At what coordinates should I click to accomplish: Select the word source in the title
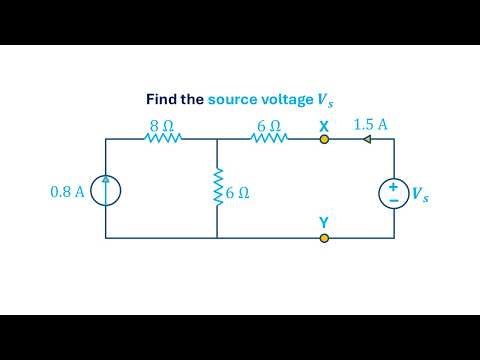tap(232, 99)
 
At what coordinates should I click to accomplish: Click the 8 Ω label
tap(162, 126)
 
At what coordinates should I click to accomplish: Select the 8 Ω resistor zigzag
tap(162, 140)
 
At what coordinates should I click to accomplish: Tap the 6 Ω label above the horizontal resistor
tap(268, 126)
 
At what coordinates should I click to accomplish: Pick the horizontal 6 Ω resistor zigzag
tap(268, 140)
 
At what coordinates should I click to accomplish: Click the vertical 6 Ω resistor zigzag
tap(217, 188)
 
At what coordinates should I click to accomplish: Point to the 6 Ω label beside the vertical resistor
tap(237, 194)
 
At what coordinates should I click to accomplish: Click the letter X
tap(323, 126)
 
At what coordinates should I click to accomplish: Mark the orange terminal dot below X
tap(323, 140)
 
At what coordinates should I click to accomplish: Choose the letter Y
tap(323, 222)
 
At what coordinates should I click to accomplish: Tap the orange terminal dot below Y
tap(323, 238)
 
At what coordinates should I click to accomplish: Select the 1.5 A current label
tap(371, 125)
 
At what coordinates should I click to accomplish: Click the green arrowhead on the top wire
tap(367, 140)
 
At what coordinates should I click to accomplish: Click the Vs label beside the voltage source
tap(422, 194)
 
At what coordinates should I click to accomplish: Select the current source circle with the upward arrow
tap(105, 190)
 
